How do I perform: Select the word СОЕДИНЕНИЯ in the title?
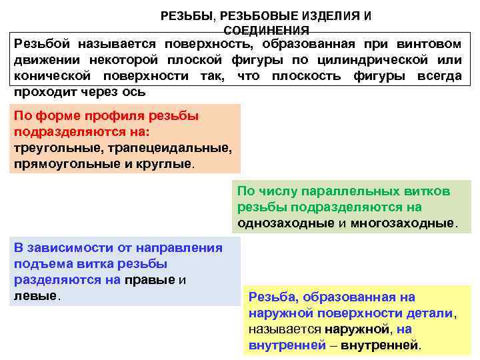267,31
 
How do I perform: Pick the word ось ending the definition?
136,91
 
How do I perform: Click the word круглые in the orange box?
165,163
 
